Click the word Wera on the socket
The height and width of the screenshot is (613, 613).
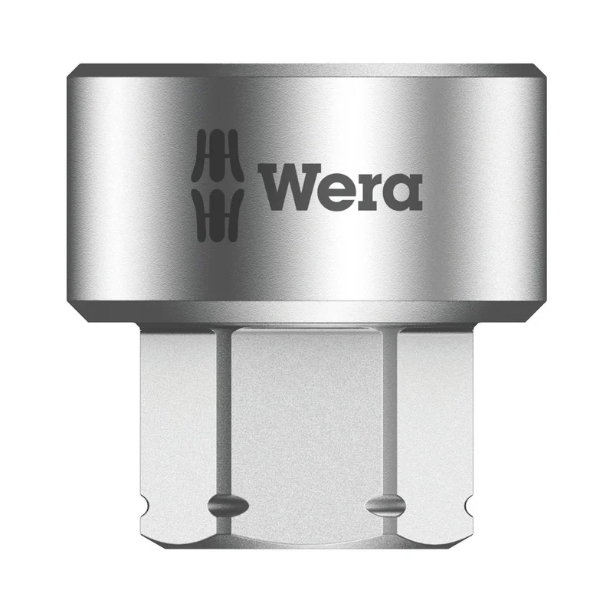(340, 188)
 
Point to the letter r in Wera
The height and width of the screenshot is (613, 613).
(373, 192)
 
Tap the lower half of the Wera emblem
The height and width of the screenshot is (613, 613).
(218, 215)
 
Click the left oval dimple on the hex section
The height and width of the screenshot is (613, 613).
(228, 505)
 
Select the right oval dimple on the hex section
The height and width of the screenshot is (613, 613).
(385, 505)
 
